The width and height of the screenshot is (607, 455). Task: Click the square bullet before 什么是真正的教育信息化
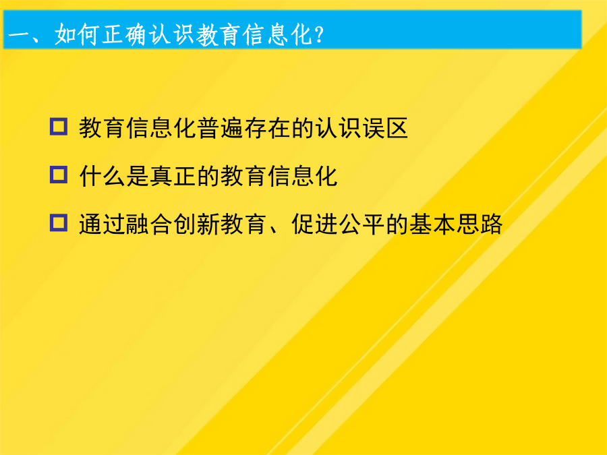(x=59, y=175)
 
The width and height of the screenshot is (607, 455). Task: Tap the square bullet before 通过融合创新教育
(x=59, y=223)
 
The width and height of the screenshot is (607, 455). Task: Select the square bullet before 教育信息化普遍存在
(x=59, y=127)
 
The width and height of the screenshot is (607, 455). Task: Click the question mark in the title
(x=320, y=35)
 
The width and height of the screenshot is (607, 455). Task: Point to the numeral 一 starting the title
(x=19, y=36)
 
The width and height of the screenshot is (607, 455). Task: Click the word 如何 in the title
(x=76, y=34)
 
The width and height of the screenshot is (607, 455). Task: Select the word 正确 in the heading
(x=123, y=34)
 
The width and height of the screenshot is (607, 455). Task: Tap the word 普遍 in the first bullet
(x=221, y=127)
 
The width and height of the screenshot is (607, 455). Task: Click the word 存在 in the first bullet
(x=268, y=127)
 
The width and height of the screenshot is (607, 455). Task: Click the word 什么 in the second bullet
(x=103, y=176)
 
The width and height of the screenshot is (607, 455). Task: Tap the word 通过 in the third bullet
(x=103, y=224)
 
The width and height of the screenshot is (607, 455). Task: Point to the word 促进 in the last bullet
(x=315, y=224)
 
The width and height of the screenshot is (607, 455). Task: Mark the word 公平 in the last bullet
(x=362, y=224)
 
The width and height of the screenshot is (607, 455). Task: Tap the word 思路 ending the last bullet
(x=480, y=224)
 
